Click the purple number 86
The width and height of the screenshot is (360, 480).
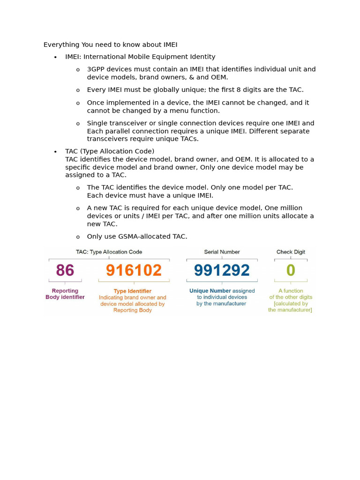tap(66, 270)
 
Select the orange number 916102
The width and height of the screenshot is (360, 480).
tap(134, 270)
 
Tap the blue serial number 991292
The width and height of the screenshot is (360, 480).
tap(222, 270)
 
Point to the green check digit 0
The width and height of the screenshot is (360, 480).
tap(291, 270)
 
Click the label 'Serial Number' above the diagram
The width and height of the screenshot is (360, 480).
tap(222, 252)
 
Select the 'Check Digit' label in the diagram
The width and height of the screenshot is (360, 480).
tap(291, 252)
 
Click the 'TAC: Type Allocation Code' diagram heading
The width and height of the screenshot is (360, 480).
tap(109, 252)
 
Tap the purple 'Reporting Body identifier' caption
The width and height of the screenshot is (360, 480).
tap(65, 294)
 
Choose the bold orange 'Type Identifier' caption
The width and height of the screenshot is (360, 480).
tap(133, 291)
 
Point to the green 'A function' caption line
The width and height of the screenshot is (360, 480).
tap(291, 291)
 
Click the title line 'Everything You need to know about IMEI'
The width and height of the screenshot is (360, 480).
tap(111, 45)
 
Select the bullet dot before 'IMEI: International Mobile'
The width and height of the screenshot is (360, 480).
tap(55, 57)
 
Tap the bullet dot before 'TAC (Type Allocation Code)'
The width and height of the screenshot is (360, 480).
tap(55, 152)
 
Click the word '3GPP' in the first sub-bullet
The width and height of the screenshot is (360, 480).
tap(95, 69)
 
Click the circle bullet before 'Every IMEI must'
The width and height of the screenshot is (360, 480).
tap(78, 90)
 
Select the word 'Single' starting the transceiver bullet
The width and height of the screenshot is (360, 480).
tap(97, 123)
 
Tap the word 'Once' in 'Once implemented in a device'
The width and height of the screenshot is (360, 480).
tap(95, 103)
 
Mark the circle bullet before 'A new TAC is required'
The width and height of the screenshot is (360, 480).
tap(78, 209)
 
